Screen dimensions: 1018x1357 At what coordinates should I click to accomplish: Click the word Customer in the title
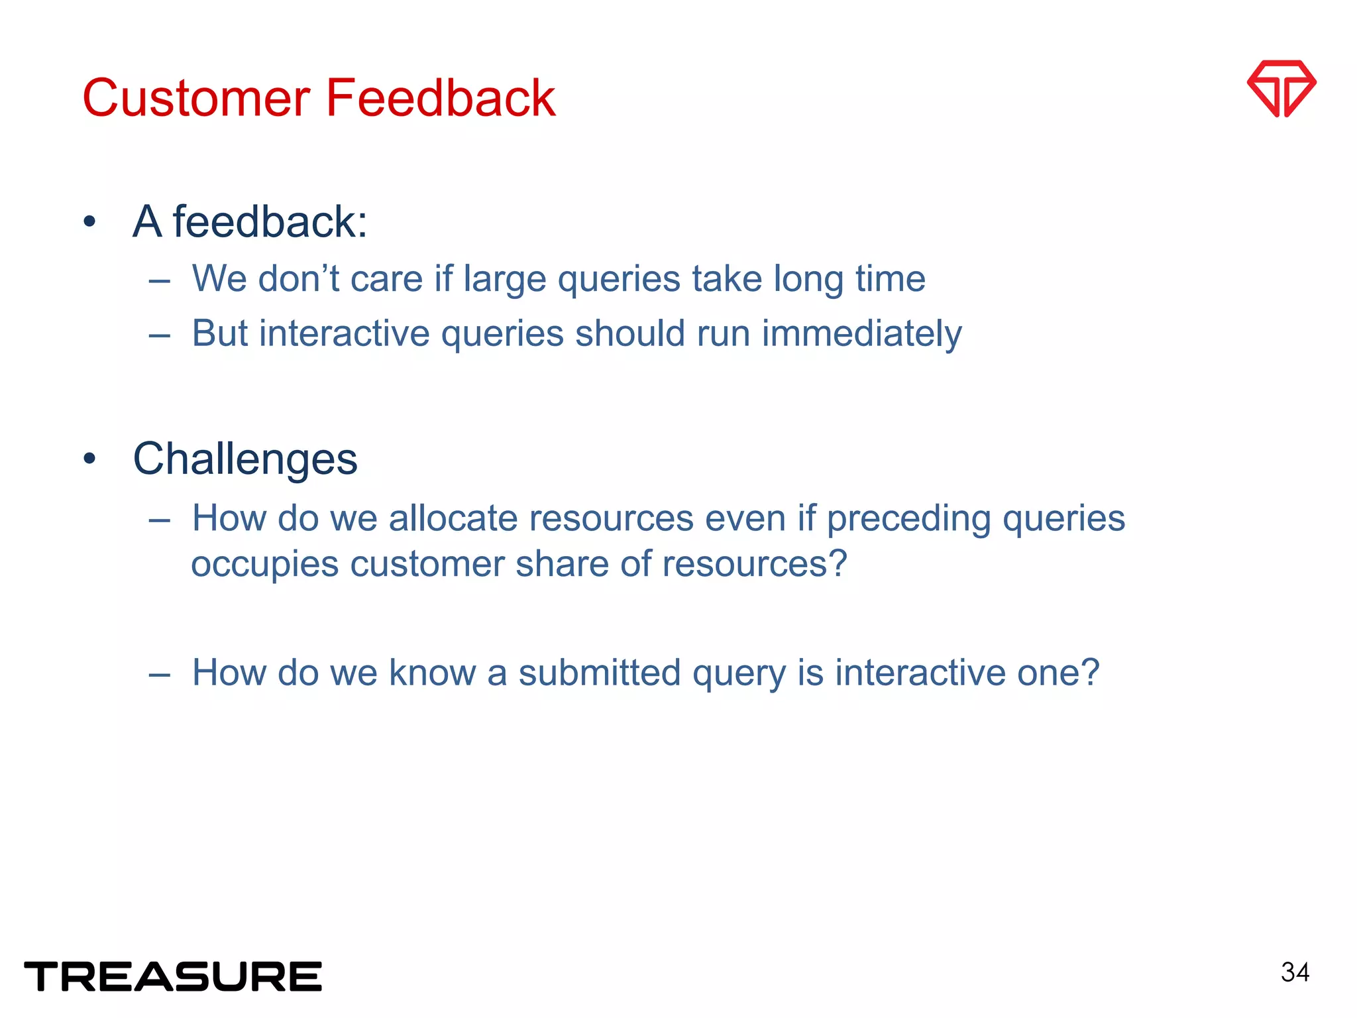tap(196, 98)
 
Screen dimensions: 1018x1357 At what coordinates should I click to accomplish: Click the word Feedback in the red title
tap(440, 98)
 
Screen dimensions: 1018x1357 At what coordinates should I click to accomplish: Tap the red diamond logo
tap(1281, 89)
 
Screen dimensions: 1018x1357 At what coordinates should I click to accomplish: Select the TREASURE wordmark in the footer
tap(173, 976)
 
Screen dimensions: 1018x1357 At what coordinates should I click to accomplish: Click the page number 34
tap(1295, 972)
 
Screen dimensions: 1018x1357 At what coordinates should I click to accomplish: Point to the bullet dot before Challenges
tap(90, 459)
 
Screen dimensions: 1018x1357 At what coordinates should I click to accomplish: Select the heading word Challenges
tap(245, 459)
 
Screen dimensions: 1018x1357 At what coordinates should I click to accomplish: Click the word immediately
tap(861, 333)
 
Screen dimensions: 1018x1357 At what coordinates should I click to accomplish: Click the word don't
tap(298, 278)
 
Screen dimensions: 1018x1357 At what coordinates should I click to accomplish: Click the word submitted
tap(600, 672)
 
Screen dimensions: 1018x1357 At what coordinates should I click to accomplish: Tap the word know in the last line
tap(431, 672)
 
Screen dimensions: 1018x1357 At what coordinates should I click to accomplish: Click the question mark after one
tap(1089, 672)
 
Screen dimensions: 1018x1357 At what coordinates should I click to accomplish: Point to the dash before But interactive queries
tap(160, 335)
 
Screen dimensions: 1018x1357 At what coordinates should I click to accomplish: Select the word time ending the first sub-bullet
tap(890, 278)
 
